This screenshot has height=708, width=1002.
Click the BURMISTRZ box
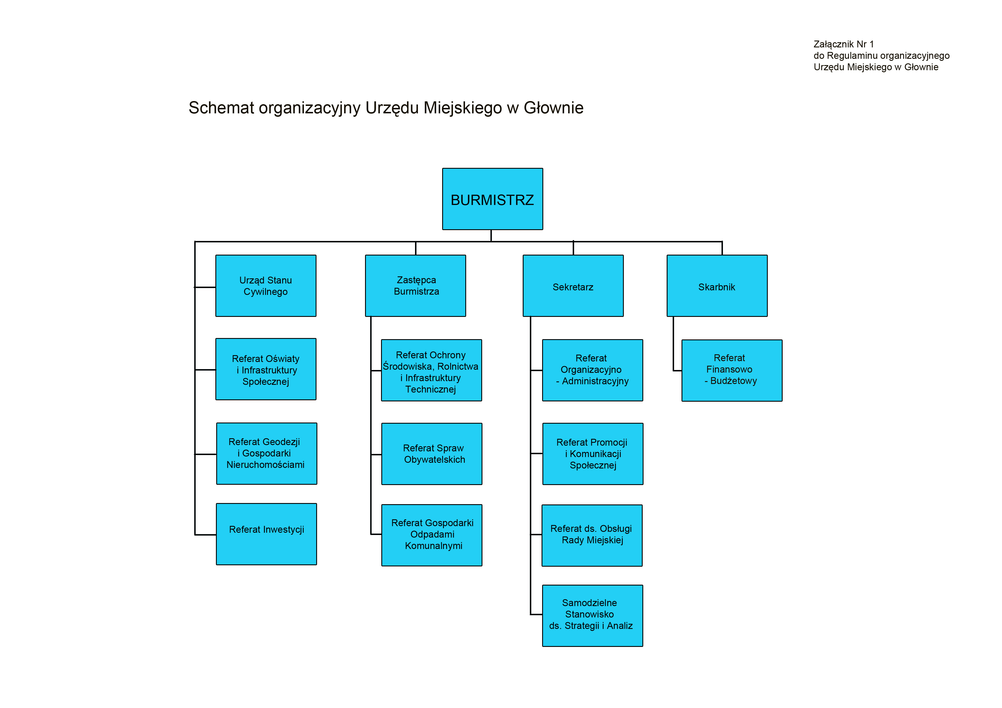pos(492,199)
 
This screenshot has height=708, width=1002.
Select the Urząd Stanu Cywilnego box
pos(266,286)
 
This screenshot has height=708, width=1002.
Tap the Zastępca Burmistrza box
pos(416,286)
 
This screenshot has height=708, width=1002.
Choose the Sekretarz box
pos(573,286)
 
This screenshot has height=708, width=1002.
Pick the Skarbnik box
pos(717,286)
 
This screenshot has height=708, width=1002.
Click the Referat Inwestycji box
pos(266,534)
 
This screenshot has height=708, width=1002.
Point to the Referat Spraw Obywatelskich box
pos(432,454)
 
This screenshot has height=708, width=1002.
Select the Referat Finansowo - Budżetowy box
pos(732,370)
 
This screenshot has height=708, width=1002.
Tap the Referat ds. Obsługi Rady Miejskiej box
pos(592,535)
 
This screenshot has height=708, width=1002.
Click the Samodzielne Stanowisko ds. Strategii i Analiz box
pos(592,616)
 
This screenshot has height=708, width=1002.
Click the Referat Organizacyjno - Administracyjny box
pos(592,370)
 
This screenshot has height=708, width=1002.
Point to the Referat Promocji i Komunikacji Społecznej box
pos(593,454)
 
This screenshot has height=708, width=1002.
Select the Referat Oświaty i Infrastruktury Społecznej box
pos(266,369)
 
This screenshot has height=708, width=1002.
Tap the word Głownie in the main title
pos(553,108)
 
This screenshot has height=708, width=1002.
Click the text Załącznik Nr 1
pos(843,44)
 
